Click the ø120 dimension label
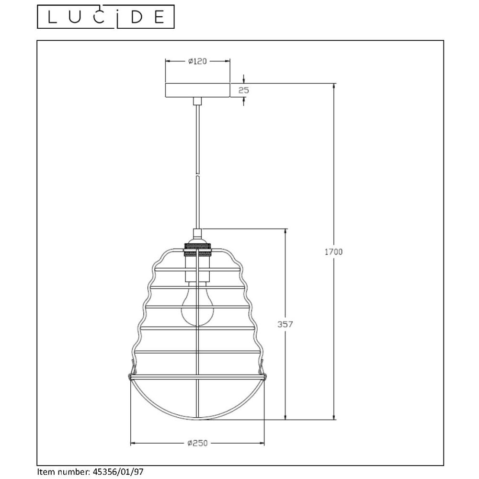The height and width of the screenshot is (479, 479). (198, 61)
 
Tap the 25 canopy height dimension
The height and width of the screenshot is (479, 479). (243, 90)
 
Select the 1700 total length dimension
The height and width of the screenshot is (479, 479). (333, 252)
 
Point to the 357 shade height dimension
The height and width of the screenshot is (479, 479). (285, 324)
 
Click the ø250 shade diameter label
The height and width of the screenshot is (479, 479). (198, 443)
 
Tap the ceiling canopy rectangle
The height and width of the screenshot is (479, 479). (197, 90)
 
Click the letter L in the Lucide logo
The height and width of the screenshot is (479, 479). (53, 17)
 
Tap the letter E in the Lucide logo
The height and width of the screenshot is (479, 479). (160, 17)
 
